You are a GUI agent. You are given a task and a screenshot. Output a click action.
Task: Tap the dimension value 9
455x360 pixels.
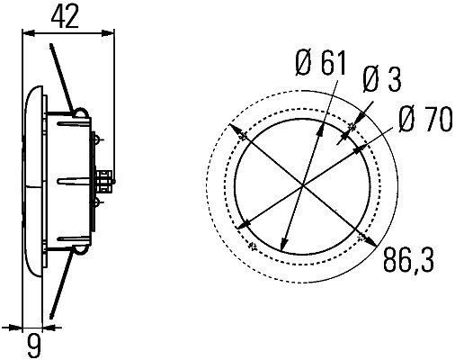33,343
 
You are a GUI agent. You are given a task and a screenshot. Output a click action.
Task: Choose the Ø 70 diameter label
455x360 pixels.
423,120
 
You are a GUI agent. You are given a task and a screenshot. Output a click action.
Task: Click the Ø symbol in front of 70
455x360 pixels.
404,120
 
